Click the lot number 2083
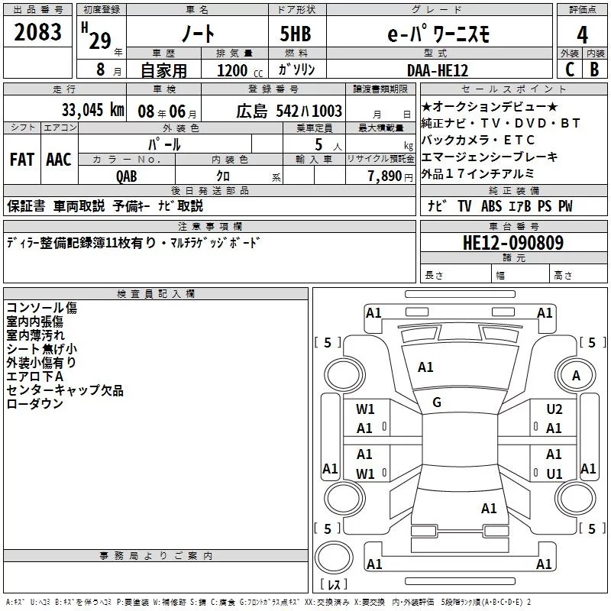click(38, 33)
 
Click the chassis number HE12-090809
click(513, 243)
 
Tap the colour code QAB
click(127, 175)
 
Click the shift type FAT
click(21, 160)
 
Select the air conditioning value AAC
click(59, 160)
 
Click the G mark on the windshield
click(437, 402)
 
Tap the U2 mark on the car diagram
click(554, 409)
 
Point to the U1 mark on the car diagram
click(554, 474)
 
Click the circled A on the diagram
click(577, 375)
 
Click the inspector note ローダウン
click(34, 404)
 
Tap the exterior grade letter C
click(569, 70)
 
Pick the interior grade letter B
click(594, 70)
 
